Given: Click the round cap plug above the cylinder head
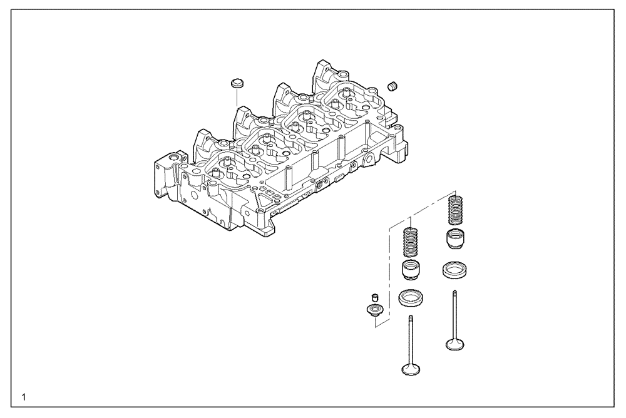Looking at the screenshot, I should pyautogui.click(x=236, y=83).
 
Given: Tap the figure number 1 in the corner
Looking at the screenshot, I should pyautogui.click(x=23, y=397).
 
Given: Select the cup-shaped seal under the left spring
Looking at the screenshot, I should pyautogui.click(x=409, y=271).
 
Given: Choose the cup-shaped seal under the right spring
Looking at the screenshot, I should pyautogui.click(x=456, y=239).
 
